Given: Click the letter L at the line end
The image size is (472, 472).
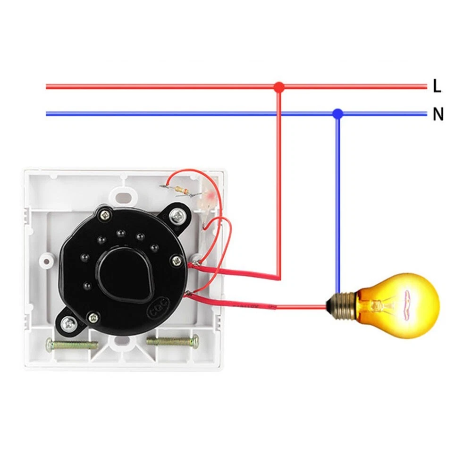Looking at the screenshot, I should pyautogui.click(x=437, y=86).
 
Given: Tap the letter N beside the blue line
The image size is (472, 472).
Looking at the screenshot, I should pyautogui.click(x=438, y=114).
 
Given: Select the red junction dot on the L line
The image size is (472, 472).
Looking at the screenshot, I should pyautogui.click(x=279, y=87).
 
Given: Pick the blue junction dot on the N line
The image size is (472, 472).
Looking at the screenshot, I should pyautogui.click(x=337, y=113).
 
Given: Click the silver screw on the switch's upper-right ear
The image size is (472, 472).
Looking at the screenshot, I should pyautogui.click(x=178, y=217).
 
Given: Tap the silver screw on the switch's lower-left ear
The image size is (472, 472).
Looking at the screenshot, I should pyautogui.click(x=69, y=323).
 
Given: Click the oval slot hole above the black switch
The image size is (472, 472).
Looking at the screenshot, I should pyautogui.click(x=124, y=195).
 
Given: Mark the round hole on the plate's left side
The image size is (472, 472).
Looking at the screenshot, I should pyautogui.click(x=48, y=261).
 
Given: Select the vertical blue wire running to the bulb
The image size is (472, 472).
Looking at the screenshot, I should pyautogui.click(x=337, y=203).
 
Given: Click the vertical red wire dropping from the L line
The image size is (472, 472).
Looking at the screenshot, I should pyautogui.click(x=279, y=179).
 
